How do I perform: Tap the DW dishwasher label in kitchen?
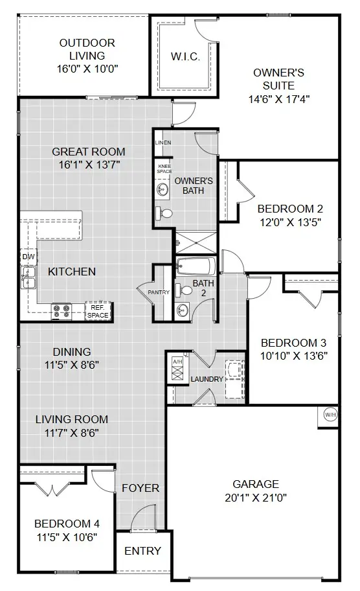tap(27, 257)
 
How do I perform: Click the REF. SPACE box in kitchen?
tap(99, 311)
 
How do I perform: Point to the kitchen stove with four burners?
tap(61, 311)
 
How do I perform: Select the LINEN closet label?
tap(163, 143)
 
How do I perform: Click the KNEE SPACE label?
tap(164, 168)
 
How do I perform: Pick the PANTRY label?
tap(159, 292)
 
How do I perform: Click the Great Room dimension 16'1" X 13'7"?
tap(87, 165)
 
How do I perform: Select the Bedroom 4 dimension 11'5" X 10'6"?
tap(66, 537)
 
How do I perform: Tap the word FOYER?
tap(140, 488)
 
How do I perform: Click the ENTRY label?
tap(142, 551)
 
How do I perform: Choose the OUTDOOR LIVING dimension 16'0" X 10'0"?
tap(87, 67)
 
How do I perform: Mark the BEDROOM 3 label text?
tap(293, 343)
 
